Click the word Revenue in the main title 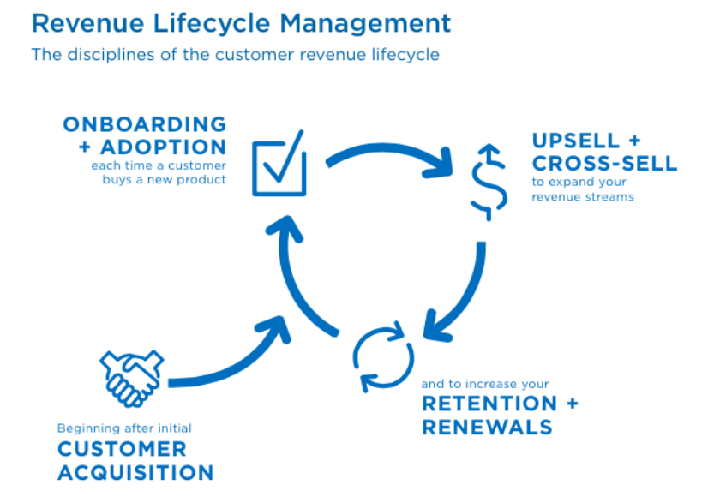point(87,23)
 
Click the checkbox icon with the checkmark point(279,164)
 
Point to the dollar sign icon point(489,183)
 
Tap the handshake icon point(132,379)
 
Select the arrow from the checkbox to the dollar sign point(385,148)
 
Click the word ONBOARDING point(145,124)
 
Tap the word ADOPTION point(164,147)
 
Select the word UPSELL point(576,141)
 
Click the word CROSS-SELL point(605,164)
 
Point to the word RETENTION point(489,404)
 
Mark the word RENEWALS point(487,428)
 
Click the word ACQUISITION point(135,473)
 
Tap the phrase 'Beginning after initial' point(124,428)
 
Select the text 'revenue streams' point(583,197)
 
